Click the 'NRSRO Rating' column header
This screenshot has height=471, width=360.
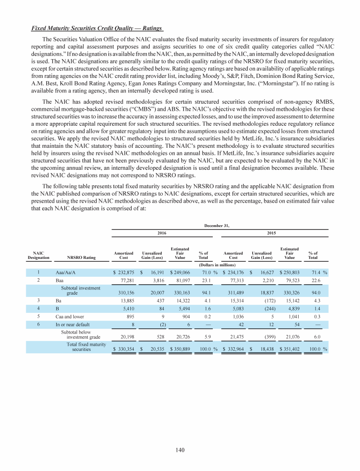point(82,257)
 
